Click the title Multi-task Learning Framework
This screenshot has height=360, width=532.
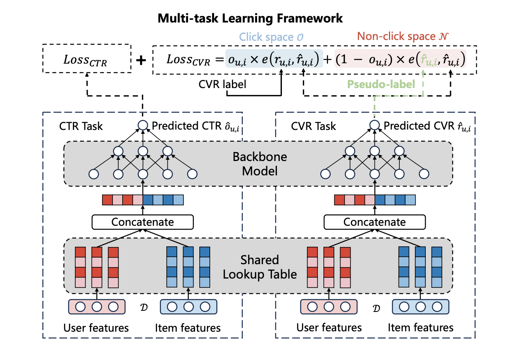click(x=250, y=18)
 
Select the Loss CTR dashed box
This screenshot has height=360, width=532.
click(x=86, y=59)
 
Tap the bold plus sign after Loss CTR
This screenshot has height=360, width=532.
click(x=141, y=60)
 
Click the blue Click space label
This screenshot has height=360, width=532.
click(x=271, y=37)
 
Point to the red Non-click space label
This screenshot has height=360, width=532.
click(x=402, y=36)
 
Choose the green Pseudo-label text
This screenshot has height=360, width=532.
click(x=381, y=84)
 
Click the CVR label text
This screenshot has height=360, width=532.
click(x=222, y=84)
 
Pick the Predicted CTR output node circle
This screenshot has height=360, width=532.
click(x=143, y=125)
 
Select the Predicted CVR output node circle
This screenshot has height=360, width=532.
click(x=375, y=125)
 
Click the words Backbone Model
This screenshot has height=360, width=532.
click(x=260, y=164)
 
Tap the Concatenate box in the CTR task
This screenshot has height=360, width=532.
click(x=143, y=222)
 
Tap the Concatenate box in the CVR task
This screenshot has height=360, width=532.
click(x=375, y=222)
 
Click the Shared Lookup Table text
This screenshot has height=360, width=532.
click(x=260, y=267)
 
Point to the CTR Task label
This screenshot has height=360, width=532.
click(x=81, y=126)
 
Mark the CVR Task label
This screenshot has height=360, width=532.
click(x=313, y=126)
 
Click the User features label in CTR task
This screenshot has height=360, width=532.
click(x=96, y=328)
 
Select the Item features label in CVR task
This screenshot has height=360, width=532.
click(x=420, y=328)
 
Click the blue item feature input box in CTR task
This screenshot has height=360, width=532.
click(x=188, y=307)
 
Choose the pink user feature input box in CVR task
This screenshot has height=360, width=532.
click(x=329, y=307)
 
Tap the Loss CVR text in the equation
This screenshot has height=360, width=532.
click(x=188, y=60)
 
